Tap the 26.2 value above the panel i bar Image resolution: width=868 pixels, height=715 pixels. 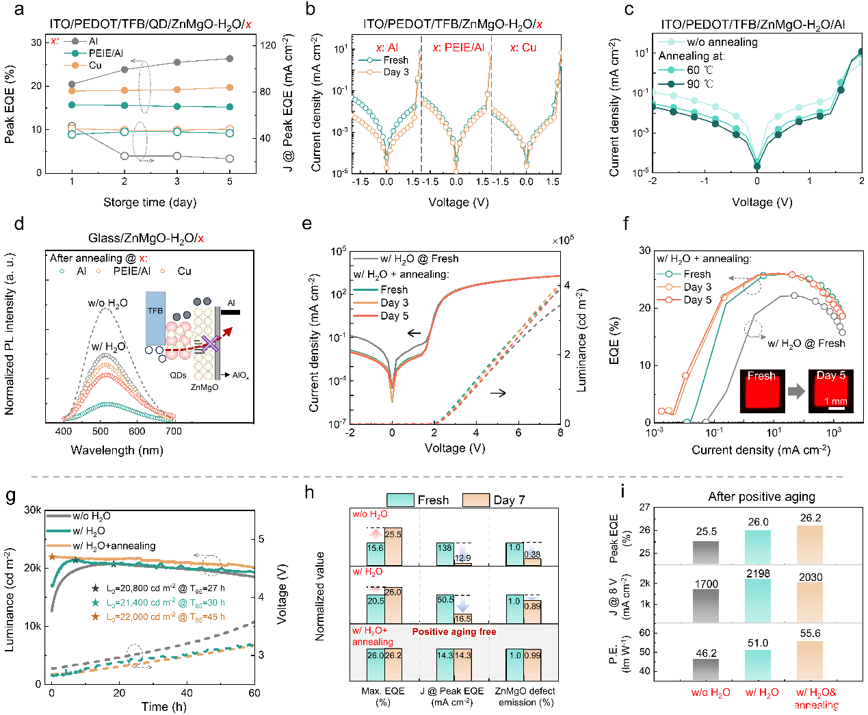click(811, 518)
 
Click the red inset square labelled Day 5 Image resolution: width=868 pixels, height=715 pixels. click(831, 391)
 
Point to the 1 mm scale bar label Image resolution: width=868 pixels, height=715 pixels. click(835, 401)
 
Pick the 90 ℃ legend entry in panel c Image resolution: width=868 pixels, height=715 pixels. click(690, 83)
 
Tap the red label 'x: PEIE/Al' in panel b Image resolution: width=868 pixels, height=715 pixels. click(458, 47)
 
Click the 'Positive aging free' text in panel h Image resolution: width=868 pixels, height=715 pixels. click(454, 632)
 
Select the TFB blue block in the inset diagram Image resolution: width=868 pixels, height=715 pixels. click(155, 318)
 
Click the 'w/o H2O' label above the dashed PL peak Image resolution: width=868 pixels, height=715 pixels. click(107, 303)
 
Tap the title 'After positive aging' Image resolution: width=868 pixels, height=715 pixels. click(761, 496)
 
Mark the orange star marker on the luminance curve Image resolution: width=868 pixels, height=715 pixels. click(52, 557)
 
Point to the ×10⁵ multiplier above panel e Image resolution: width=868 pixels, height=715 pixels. click(562, 239)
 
